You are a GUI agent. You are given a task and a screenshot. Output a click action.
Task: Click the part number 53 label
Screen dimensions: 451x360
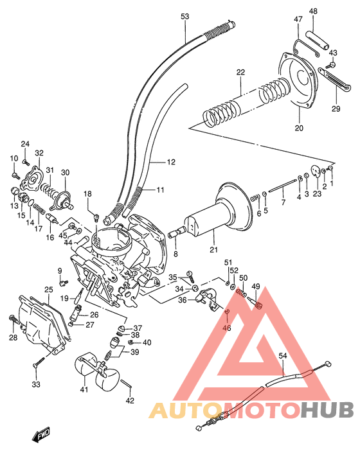pyautogui.click(x=185, y=15)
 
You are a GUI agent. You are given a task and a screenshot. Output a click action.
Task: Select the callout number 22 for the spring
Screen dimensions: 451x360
pyautogui.click(x=240, y=73)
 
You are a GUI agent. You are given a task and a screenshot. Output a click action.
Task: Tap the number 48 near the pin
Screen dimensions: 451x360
pyautogui.click(x=313, y=12)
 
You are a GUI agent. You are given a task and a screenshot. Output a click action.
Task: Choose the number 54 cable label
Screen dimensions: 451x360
pyautogui.click(x=283, y=355)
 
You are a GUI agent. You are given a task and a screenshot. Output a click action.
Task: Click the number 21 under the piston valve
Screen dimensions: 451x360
pyautogui.click(x=214, y=250)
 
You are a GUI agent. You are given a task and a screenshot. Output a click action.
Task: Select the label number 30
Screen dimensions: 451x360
pyautogui.click(x=65, y=173)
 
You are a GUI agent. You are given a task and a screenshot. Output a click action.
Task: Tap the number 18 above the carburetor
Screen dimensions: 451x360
pyautogui.click(x=87, y=193)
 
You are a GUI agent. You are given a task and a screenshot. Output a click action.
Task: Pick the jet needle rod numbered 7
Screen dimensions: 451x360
pyautogui.click(x=282, y=190)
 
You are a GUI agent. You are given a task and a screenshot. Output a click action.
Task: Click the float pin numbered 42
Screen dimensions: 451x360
pyautogui.click(x=129, y=387)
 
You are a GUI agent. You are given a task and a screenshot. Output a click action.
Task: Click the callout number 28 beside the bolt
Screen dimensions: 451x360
pyautogui.click(x=13, y=337)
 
